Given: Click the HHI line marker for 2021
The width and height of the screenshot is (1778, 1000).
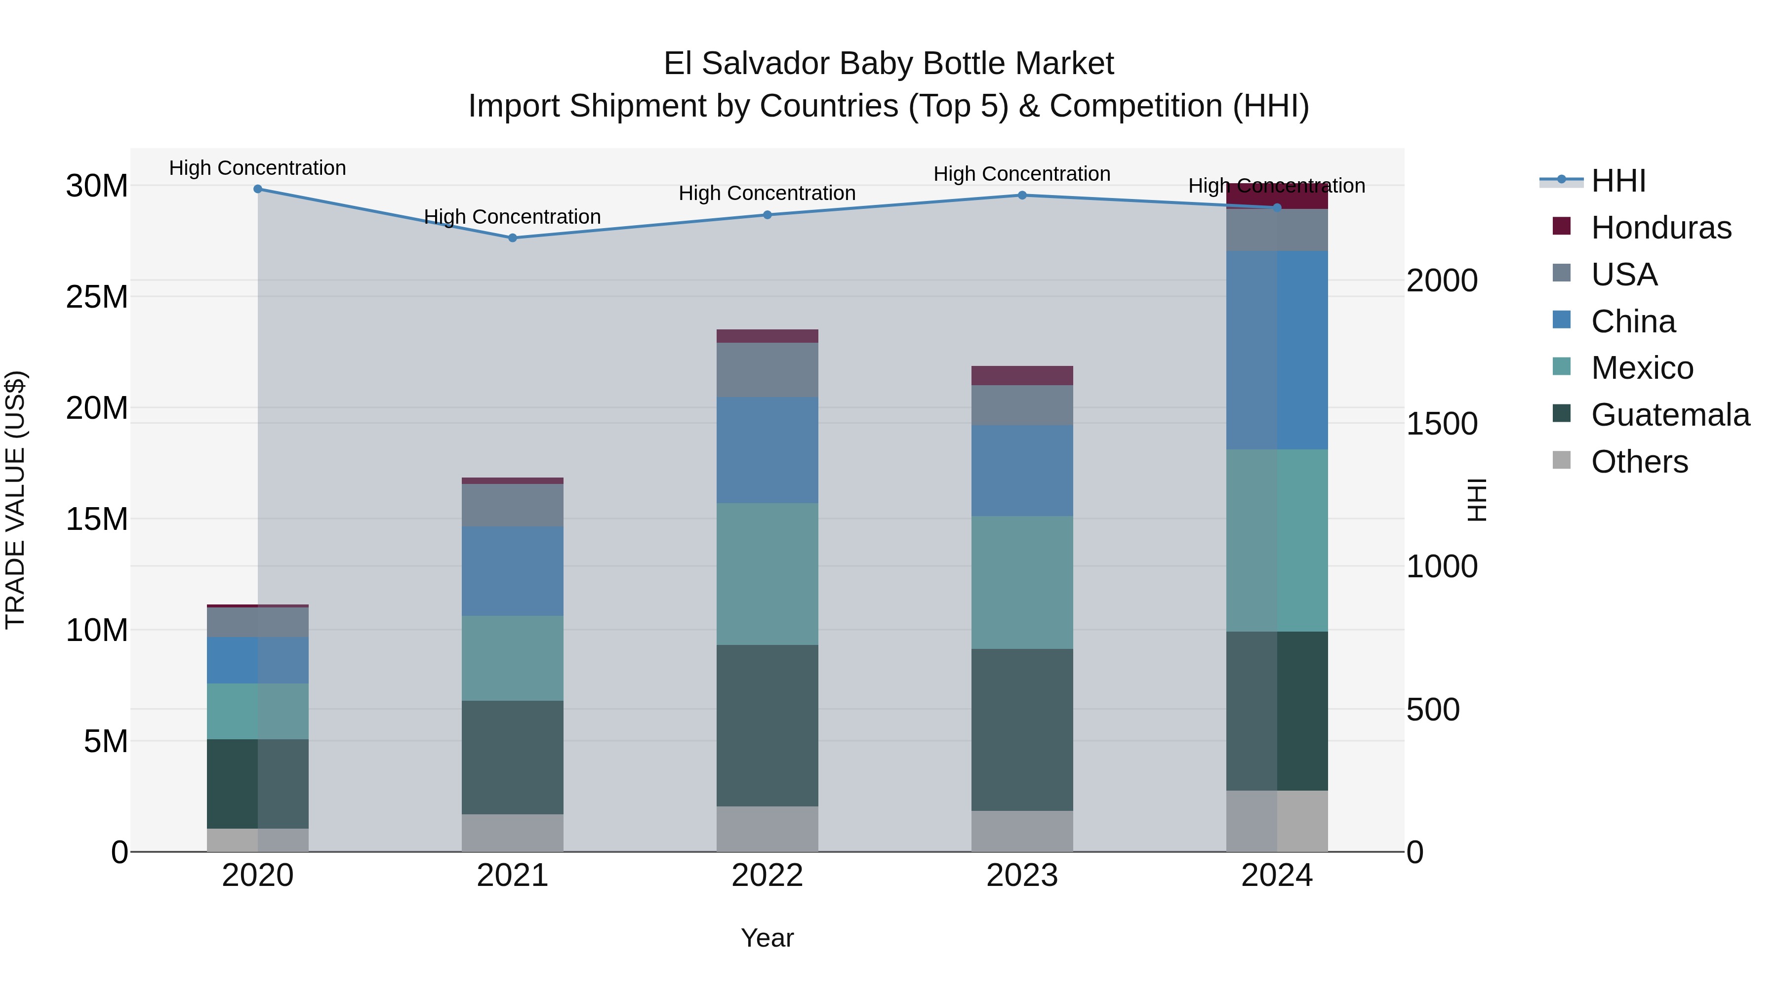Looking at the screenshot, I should [x=512, y=238].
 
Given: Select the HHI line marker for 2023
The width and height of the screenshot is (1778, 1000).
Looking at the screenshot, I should [x=1022, y=195].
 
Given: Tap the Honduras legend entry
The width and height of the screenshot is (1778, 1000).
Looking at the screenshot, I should [x=1660, y=228].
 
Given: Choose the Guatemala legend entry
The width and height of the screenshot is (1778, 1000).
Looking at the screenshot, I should [x=1670, y=415].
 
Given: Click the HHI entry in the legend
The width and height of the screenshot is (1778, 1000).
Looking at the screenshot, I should [x=1618, y=181].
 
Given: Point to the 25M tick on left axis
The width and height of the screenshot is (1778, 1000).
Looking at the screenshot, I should [x=97, y=297].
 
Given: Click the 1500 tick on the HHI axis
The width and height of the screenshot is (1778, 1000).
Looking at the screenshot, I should [x=1442, y=424].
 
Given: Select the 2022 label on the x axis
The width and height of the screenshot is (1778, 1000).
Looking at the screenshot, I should [x=767, y=876].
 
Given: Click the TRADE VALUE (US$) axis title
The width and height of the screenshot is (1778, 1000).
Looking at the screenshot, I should [x=15, y=500].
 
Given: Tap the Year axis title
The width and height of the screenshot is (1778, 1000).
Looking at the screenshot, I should [x=767, y=938].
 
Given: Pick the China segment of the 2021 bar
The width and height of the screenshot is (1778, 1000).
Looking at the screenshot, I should [x=512, y=571].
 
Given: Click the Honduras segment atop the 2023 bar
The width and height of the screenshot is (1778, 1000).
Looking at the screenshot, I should [x=1022, y=375].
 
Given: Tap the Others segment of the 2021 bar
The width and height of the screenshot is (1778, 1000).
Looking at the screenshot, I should [x=512, y=833].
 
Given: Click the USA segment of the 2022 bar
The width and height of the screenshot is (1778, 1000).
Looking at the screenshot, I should [x=767, y=370].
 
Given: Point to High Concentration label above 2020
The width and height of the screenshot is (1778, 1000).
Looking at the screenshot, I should [x=257, y=168].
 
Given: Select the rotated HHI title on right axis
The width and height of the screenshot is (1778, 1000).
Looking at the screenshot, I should [x=1476, y=500].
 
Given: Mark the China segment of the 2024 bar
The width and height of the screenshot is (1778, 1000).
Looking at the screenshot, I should [x=1277, y=350].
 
